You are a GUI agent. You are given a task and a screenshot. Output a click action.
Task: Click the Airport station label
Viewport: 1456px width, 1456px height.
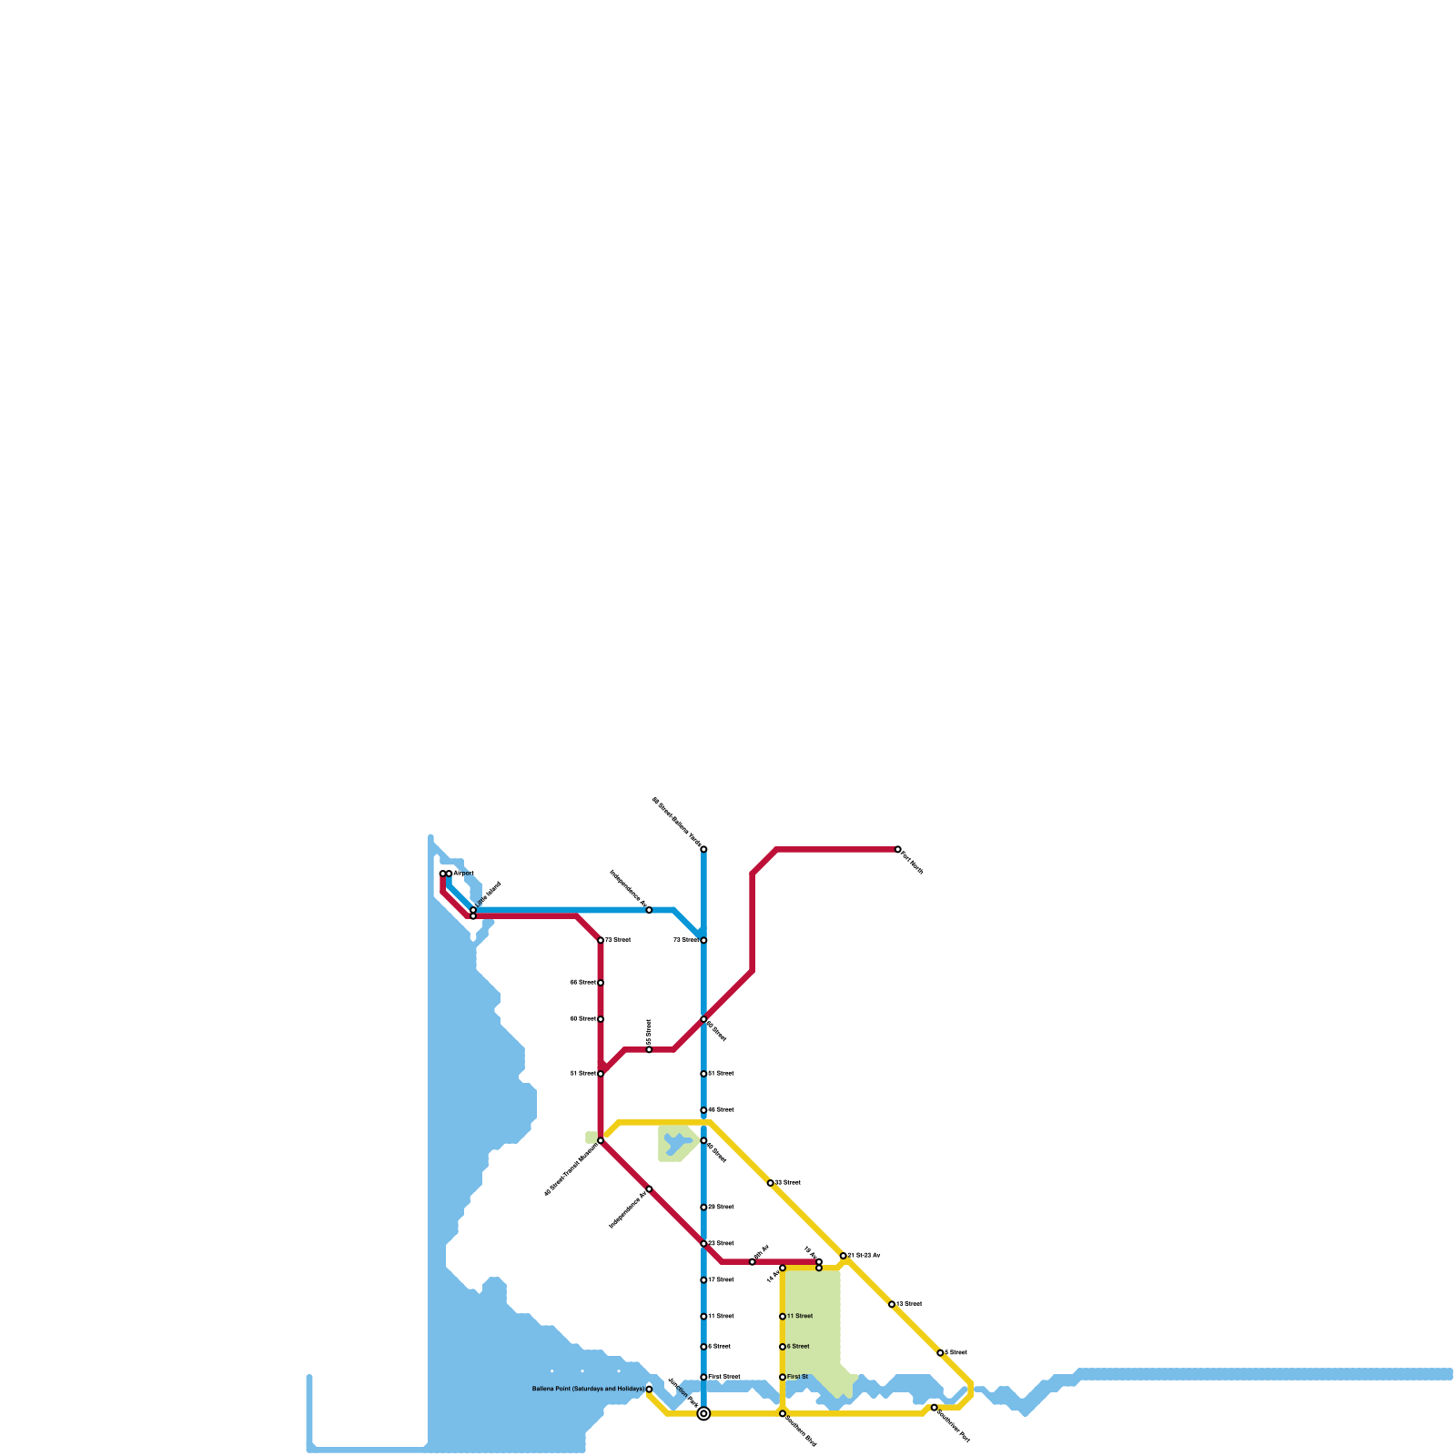click(464, 874)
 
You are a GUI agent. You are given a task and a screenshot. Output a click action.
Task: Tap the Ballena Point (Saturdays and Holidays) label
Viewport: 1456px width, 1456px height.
click(588, 1390)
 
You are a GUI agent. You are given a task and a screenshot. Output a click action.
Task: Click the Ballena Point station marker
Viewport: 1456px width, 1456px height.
click(649, 1389)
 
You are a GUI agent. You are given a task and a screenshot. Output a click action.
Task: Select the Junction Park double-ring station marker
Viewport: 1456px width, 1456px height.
click(703, 1413)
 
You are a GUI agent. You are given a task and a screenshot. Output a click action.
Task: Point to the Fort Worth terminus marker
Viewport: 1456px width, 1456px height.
click(898, 849)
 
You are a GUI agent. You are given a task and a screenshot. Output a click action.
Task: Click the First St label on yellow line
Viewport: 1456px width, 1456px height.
click(798, 1377)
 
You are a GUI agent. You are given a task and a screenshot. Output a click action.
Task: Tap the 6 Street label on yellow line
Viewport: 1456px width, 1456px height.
click(798, 1347)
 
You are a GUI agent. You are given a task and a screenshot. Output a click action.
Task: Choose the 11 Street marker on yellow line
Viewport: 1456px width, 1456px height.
click(783, 1317)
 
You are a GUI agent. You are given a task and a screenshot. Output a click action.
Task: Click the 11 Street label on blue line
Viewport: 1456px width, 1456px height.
click(721, 1317)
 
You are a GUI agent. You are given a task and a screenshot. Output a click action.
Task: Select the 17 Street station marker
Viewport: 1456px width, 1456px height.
click(703, 1280)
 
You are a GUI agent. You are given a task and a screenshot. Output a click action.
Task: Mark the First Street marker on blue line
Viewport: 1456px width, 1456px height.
click(703, 1377)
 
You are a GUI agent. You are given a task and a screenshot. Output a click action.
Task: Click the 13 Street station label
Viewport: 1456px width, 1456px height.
click(909, 1304)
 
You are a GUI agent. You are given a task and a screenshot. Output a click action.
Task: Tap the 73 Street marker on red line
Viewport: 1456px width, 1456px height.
click(601, 940)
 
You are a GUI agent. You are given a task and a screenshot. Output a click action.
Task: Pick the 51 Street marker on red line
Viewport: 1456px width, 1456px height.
click(601, 1074)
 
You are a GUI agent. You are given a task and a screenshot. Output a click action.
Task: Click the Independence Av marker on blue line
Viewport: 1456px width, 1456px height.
click(649, 910)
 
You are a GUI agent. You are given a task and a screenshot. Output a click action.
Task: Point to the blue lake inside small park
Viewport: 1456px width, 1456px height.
click(676, 1143)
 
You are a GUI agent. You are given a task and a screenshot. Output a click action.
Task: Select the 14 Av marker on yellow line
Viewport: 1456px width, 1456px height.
click(783, 1269)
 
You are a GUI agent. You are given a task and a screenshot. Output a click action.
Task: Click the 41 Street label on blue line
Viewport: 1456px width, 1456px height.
click(721, 1074)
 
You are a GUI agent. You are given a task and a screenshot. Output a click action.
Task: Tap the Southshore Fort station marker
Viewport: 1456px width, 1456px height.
click(934, 1408)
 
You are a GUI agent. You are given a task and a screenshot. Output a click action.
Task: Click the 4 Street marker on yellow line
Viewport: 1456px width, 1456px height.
click(940, 1353)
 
